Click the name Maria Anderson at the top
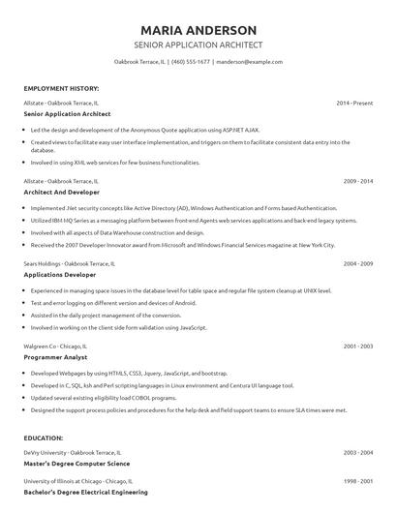pos(198,30)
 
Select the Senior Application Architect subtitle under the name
pos(198,45)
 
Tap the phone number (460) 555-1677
pos(190,61)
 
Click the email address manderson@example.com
pos(249,61)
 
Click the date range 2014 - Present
pos(354,102)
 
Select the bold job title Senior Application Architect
pos(67,113)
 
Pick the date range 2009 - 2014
pos(358,181)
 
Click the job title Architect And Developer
pos(63,193)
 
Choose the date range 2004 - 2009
pos(358,263)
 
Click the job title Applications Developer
pos(60,275)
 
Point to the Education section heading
pos(44,438)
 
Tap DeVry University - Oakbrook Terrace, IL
pos(73,452)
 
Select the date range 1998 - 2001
pos(358,481)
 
